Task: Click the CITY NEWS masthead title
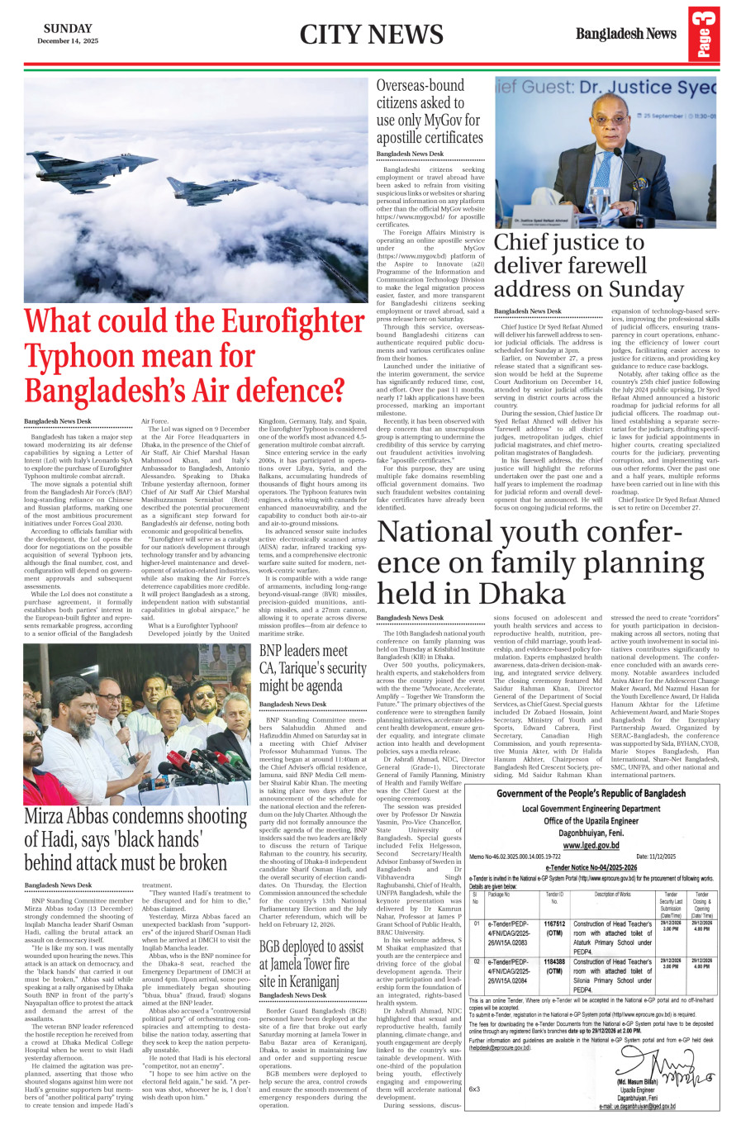pos(371,35)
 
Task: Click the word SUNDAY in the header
pos(68,29)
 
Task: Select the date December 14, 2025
pos(68,41)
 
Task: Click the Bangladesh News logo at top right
pos(625,34)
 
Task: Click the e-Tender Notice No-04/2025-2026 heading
pos(591,867)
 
